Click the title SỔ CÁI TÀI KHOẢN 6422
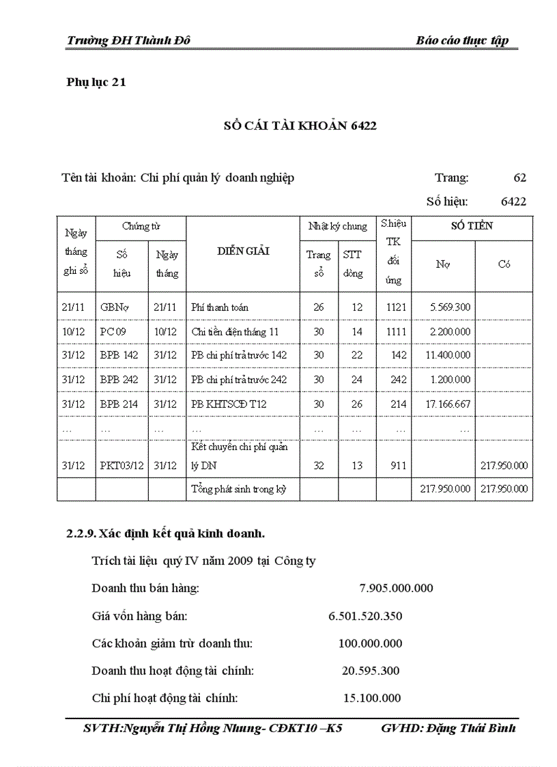coord(300,126)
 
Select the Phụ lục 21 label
coord(96,83)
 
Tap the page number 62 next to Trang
coord(519,178)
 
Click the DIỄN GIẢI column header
coord(243,251)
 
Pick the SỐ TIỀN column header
coord(472,226)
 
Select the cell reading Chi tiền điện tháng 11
coord(235,332)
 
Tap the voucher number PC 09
coord(113,332)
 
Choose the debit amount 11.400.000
coord(447,355)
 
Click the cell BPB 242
coord(119,380)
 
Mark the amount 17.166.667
coord(447,404)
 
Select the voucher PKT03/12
coord(122,466)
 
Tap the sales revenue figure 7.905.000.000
coord(396,588)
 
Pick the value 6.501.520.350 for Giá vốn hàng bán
coord(365,616)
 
